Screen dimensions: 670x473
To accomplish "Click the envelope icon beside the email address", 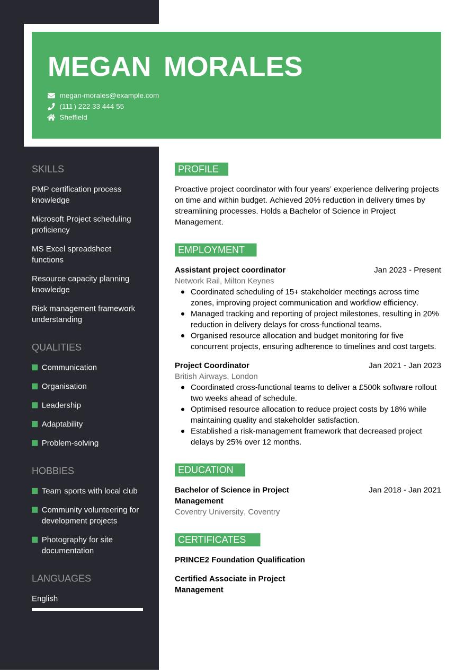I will (x=51, y=95).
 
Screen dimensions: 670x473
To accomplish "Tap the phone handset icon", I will (x=51, y=107).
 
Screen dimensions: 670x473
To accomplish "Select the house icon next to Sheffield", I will (x=51, y=118).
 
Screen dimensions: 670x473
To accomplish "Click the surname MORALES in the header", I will (x=233, y=67).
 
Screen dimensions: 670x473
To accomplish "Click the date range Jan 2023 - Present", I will (x=407, y=270).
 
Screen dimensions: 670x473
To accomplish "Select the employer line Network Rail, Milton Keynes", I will (x=224, y=281).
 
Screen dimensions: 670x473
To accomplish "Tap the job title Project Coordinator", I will (x=212, y=366).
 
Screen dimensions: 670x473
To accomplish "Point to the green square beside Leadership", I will (x=35, y=405).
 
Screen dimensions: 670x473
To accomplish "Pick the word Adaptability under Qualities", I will (x=62, y=424).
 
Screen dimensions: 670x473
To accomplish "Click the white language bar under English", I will (x=87, y=610).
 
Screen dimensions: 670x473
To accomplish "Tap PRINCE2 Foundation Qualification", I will (x=239, y=560).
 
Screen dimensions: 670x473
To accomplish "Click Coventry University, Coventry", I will (x=227, y=512).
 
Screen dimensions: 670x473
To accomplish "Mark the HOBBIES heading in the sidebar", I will (x=53, y=471).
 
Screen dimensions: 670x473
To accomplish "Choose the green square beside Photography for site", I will (x=35, y=540).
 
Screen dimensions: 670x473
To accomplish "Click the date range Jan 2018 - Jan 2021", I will (x=405, y=490).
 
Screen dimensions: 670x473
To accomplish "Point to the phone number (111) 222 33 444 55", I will (x=92, y=107).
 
